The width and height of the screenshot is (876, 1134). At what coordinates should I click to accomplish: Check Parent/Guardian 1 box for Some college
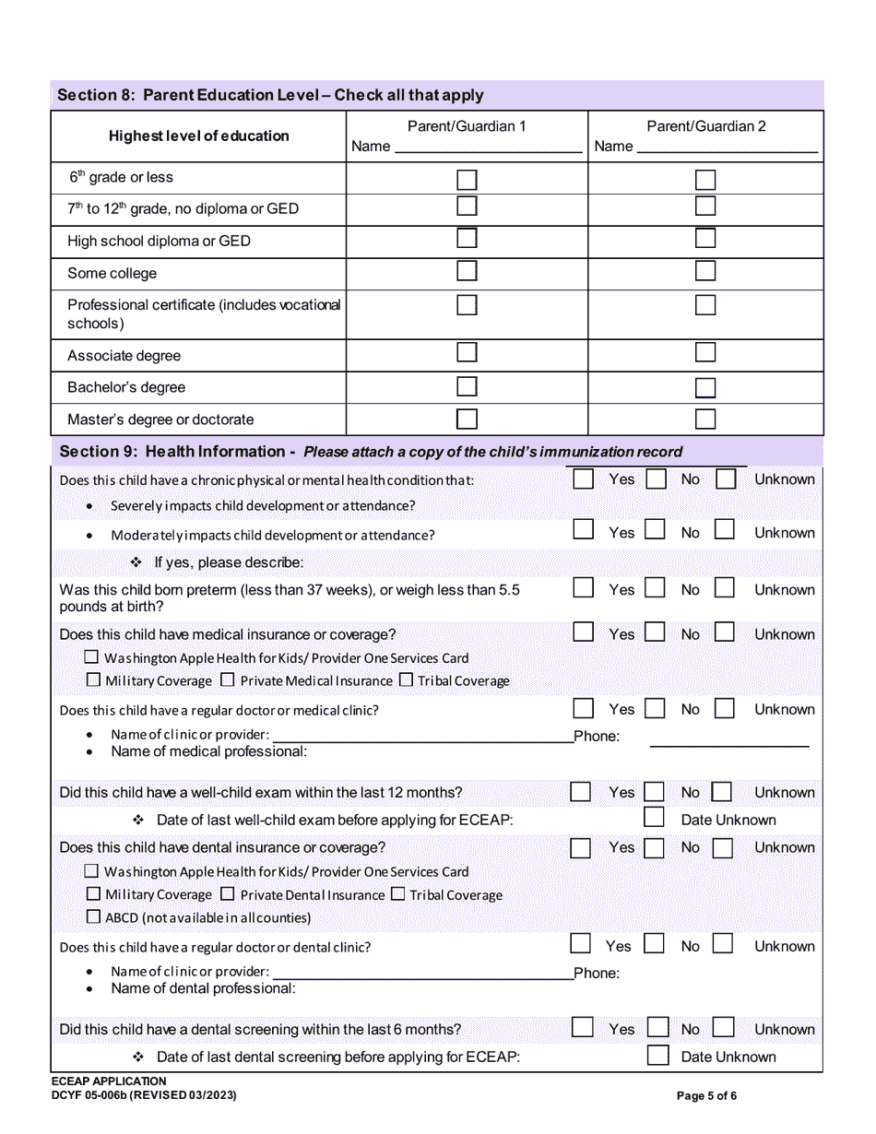coord(468,271)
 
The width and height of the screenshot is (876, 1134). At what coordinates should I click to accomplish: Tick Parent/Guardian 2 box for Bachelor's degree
coord(705,387)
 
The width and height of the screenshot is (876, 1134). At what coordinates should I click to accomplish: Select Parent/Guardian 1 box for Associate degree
coord(468,352)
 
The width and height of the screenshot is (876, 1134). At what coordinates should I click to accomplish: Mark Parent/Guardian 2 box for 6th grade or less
coord(705,179)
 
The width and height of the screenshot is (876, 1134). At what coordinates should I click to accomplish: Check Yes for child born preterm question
coord(583,588)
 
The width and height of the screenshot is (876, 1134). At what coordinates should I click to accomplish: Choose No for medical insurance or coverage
coord(655,632)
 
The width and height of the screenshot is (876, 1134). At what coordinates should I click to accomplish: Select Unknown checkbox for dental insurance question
coord(723,848)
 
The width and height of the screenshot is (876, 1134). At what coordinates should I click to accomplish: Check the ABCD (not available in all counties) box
coord(92,917)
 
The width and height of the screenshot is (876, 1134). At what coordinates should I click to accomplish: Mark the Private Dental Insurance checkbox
coord(228,894)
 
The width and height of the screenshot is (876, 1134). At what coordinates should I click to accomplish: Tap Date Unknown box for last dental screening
coord(657,1056)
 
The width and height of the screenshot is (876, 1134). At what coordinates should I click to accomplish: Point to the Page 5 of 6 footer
coord(706,1096)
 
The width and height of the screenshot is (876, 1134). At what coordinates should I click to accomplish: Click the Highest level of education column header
coord(198,136)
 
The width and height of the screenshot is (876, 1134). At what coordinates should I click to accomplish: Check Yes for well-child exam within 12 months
coord(580,792)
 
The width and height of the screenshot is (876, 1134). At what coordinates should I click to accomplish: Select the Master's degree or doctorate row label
coord(160,419)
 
